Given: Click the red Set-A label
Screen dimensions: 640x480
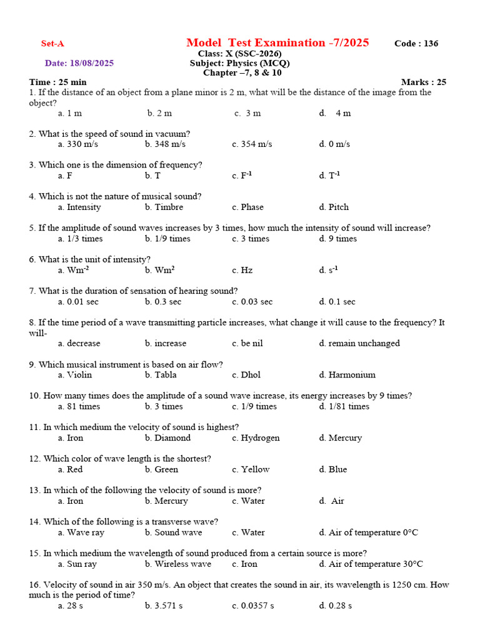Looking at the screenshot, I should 52,44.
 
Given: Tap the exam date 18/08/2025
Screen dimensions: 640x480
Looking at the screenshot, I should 79,63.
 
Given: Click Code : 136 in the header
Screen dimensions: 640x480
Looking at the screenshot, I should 416,44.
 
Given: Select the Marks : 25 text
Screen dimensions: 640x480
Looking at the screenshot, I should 423,82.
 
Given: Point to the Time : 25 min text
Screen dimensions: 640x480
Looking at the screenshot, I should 57,82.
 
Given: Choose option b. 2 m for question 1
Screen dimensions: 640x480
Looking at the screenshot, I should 159,113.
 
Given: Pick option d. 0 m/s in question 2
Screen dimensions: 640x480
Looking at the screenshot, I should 334,144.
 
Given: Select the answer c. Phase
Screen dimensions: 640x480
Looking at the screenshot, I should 247,207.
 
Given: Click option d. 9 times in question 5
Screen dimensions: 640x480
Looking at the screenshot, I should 337,239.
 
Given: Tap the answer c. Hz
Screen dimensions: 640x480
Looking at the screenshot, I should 242,271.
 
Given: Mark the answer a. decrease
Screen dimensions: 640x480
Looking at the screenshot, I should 79,344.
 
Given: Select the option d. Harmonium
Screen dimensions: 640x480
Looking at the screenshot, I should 347,375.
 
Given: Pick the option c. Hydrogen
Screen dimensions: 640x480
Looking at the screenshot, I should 256,438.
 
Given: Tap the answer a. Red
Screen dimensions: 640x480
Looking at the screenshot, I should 70,469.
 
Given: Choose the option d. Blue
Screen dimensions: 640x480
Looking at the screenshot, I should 332,469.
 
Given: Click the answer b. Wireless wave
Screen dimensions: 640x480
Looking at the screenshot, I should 178,564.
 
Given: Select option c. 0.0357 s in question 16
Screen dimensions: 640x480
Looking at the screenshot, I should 252,606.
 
